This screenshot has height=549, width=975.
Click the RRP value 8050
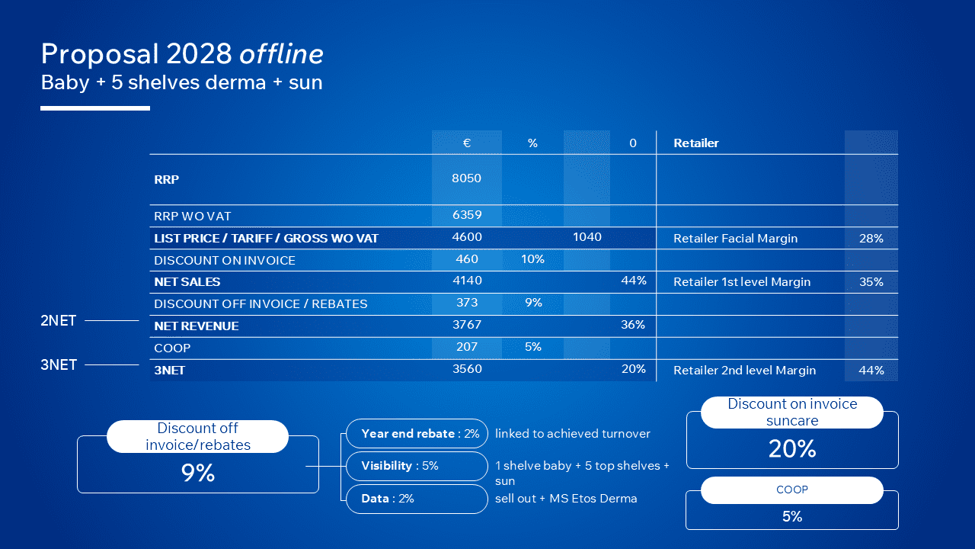466,178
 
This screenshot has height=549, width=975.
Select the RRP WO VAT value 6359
467,215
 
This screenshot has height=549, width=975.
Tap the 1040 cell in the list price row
587,237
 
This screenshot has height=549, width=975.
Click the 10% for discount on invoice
532,259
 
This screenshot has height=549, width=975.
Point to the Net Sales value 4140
467,281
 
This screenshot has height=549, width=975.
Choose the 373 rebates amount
467,303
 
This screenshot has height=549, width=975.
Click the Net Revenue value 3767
467,325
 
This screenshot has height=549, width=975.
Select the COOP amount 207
467,347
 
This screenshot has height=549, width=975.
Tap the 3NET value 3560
467,369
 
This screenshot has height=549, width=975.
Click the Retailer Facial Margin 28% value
871,239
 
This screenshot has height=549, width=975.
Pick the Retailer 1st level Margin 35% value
871,282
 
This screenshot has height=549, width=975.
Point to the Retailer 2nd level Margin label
744,371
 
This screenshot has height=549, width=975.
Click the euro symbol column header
467,143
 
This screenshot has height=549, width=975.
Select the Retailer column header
696,143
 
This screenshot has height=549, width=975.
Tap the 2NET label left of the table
59,321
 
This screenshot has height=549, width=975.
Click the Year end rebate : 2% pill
417,434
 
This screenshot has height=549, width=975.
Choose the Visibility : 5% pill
417,466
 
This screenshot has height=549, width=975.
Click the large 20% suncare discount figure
792,449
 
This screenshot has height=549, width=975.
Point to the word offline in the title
281,54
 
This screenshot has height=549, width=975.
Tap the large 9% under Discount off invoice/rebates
198,473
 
